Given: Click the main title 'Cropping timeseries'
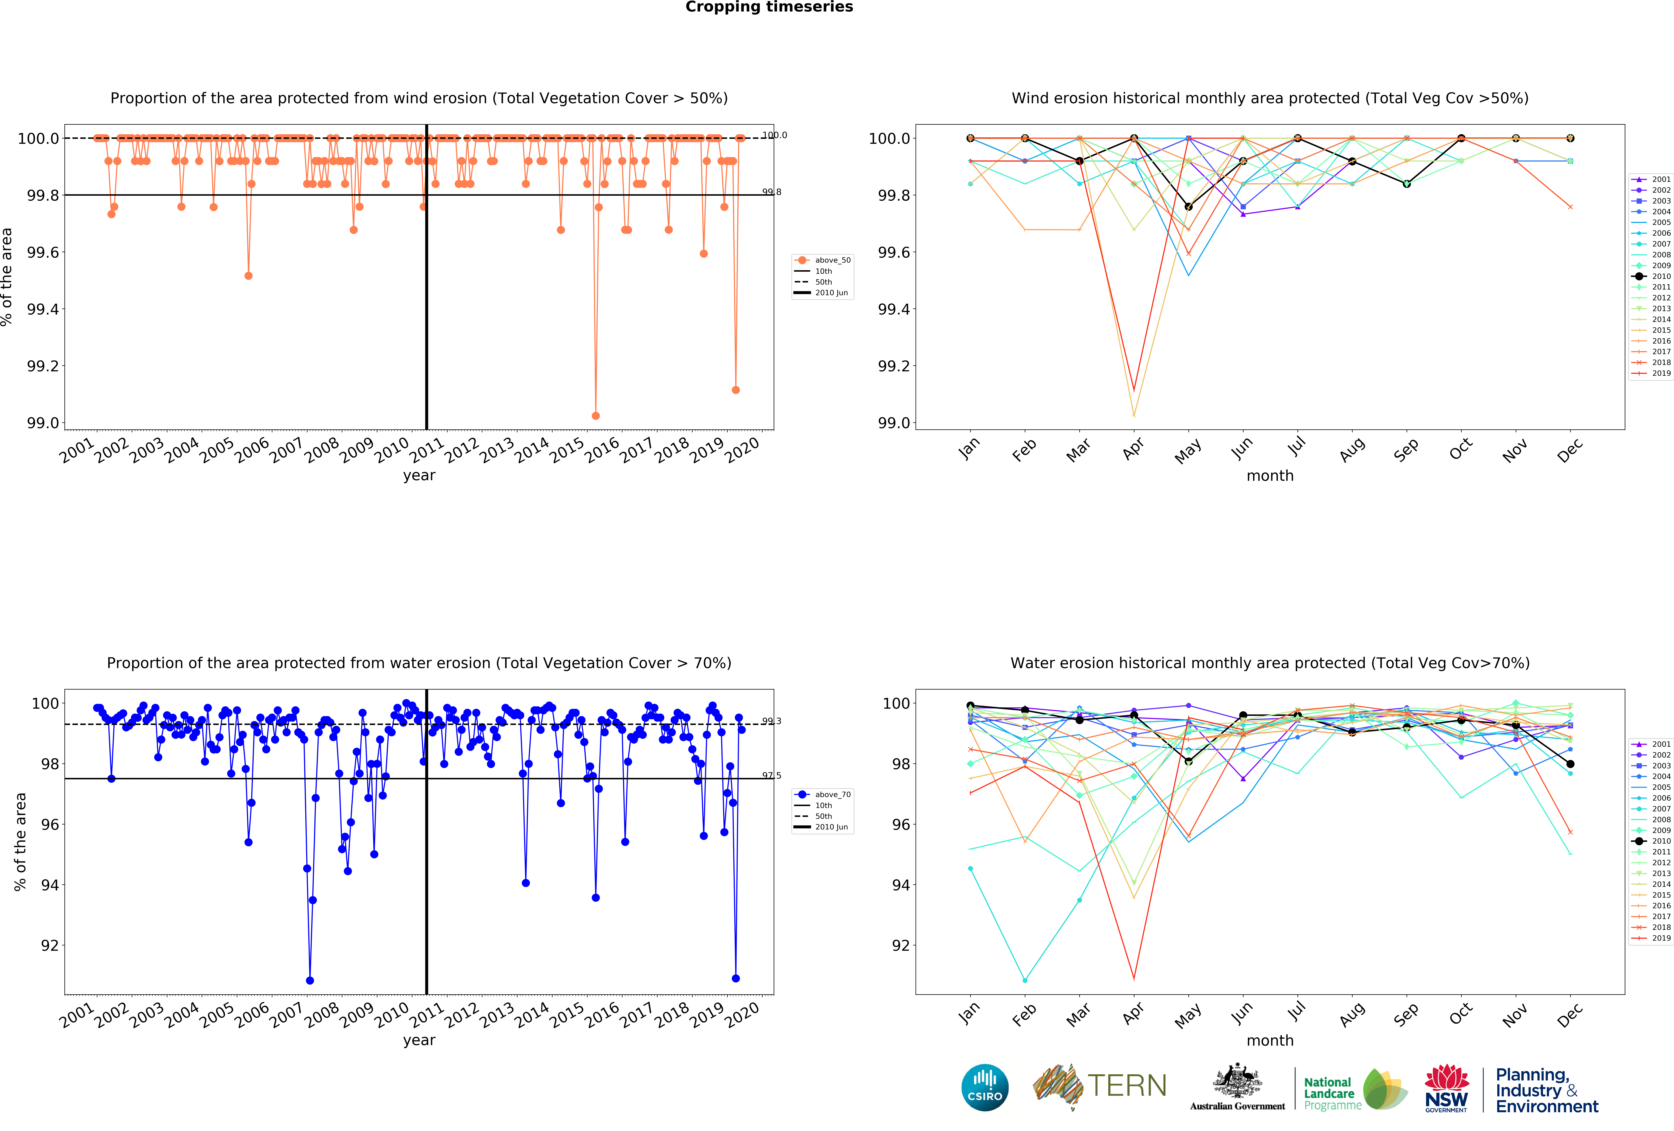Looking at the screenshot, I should pyautogui.click(x=769, y=7).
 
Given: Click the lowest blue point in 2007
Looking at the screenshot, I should pyautogui.click(x=310, y=980).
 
